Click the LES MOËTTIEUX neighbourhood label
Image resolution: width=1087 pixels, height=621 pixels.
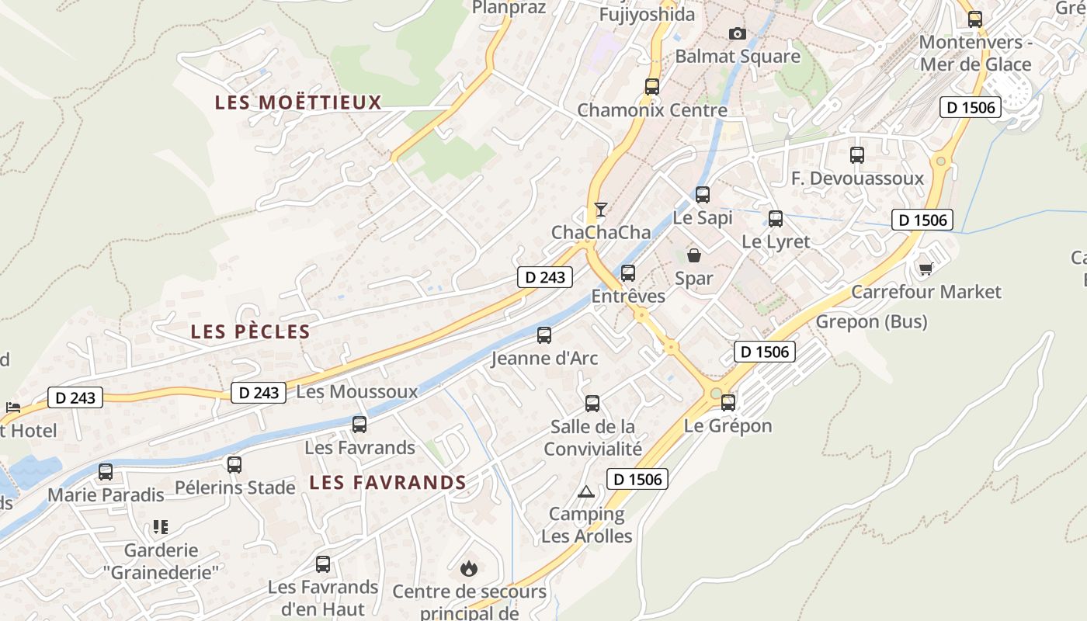[298, 102]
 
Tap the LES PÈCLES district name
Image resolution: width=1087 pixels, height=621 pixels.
[250, 331]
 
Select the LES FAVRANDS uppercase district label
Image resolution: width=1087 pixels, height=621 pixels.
[387, 482]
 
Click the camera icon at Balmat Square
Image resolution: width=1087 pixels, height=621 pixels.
[737, 33]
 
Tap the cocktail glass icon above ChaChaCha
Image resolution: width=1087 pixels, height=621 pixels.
[600, 209]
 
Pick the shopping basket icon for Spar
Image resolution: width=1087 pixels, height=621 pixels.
[694, 255]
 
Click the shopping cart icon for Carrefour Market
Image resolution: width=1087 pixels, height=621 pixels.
[926, 269]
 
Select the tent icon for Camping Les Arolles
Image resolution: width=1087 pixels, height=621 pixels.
[586, 491]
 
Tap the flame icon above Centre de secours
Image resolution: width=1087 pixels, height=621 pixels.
[469, 568]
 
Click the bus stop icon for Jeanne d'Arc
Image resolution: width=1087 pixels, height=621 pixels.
[544, 335]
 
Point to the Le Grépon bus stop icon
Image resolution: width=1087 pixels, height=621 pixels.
[728, 402]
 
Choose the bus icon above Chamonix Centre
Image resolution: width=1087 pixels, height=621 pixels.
[652, 86]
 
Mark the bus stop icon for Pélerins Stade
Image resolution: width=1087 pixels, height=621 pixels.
[234, 464]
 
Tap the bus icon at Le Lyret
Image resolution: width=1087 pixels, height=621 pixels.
[776, 218]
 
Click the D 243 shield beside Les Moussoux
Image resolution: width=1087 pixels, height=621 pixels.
[259, 393]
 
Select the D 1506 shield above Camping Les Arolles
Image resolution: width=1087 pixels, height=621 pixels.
[637, 480]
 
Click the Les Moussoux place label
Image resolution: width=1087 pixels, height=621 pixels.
[357, 391]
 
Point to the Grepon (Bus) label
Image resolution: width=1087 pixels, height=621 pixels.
[871, 321]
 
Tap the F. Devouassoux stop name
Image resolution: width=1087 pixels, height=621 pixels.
[857, 179]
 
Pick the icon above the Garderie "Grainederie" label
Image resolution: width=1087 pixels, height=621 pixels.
[161, 527]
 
